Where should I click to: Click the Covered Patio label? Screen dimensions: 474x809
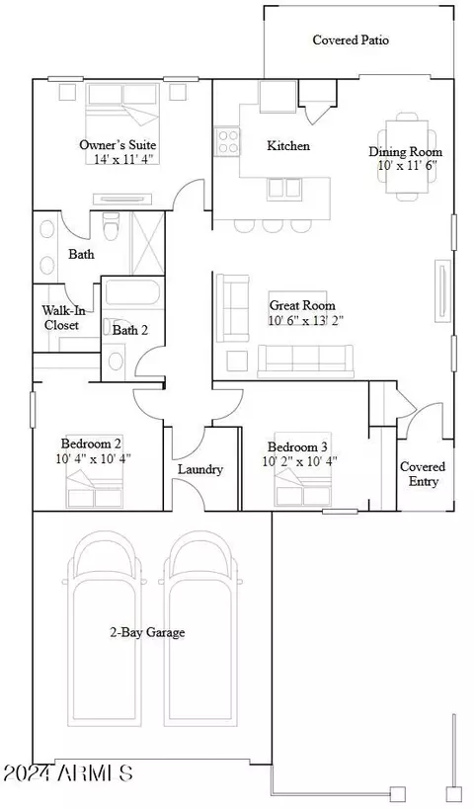(351, 40)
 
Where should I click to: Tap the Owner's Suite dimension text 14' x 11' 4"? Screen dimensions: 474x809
(123, 159)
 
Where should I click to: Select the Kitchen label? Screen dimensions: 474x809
(288, 146)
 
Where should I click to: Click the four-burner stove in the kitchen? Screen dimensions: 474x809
(228, 141)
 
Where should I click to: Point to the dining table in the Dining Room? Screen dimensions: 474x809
(408, 156)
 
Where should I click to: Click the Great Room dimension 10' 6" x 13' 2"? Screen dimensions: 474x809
(306, 320)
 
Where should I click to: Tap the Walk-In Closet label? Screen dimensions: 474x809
(61, 318)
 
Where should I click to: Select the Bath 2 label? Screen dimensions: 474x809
(130, 330)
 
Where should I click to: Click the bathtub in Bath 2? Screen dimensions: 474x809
(134, 292)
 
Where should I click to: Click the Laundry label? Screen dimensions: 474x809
(200, 469)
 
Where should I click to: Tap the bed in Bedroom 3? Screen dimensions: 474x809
(302, 468)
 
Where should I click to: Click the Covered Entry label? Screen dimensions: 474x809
(423, 474)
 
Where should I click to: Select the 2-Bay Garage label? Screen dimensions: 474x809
(147, 632)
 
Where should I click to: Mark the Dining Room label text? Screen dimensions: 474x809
(406, 152)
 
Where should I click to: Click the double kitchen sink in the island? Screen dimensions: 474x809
(284, 189)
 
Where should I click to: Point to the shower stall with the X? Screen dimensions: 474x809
(148, 242)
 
